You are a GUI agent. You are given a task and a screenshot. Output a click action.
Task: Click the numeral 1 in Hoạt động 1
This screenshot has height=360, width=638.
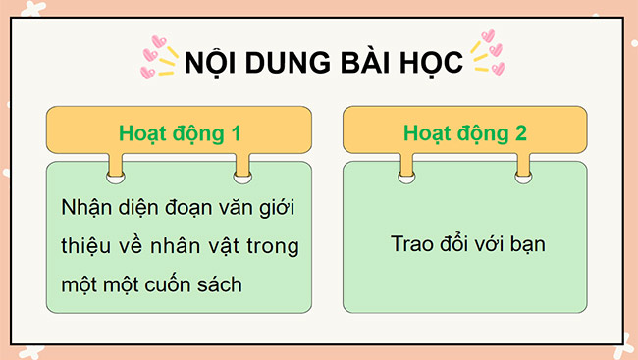click(234, 132)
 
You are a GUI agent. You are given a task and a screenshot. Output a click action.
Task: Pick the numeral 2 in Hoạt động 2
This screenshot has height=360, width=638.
click(520, 132)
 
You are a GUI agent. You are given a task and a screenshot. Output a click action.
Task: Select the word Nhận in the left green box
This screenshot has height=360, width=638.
click(85, 209)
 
